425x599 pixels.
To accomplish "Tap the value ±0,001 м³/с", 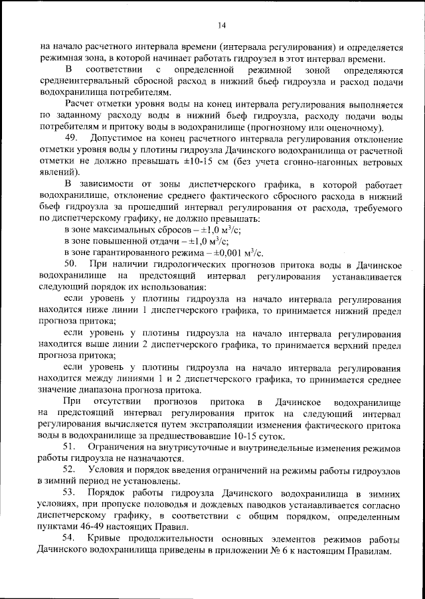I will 235,252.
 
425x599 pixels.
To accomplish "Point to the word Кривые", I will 102,539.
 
